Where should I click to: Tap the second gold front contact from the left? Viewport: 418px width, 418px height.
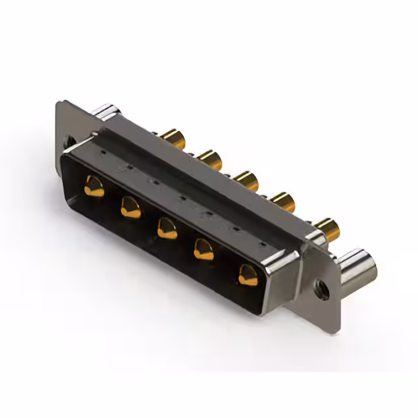(131, 208)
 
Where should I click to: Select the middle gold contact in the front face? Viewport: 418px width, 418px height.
(167, 228)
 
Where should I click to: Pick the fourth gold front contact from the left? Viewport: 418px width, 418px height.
(205, 249)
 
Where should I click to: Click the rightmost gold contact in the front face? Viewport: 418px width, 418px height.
(248, 274)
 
